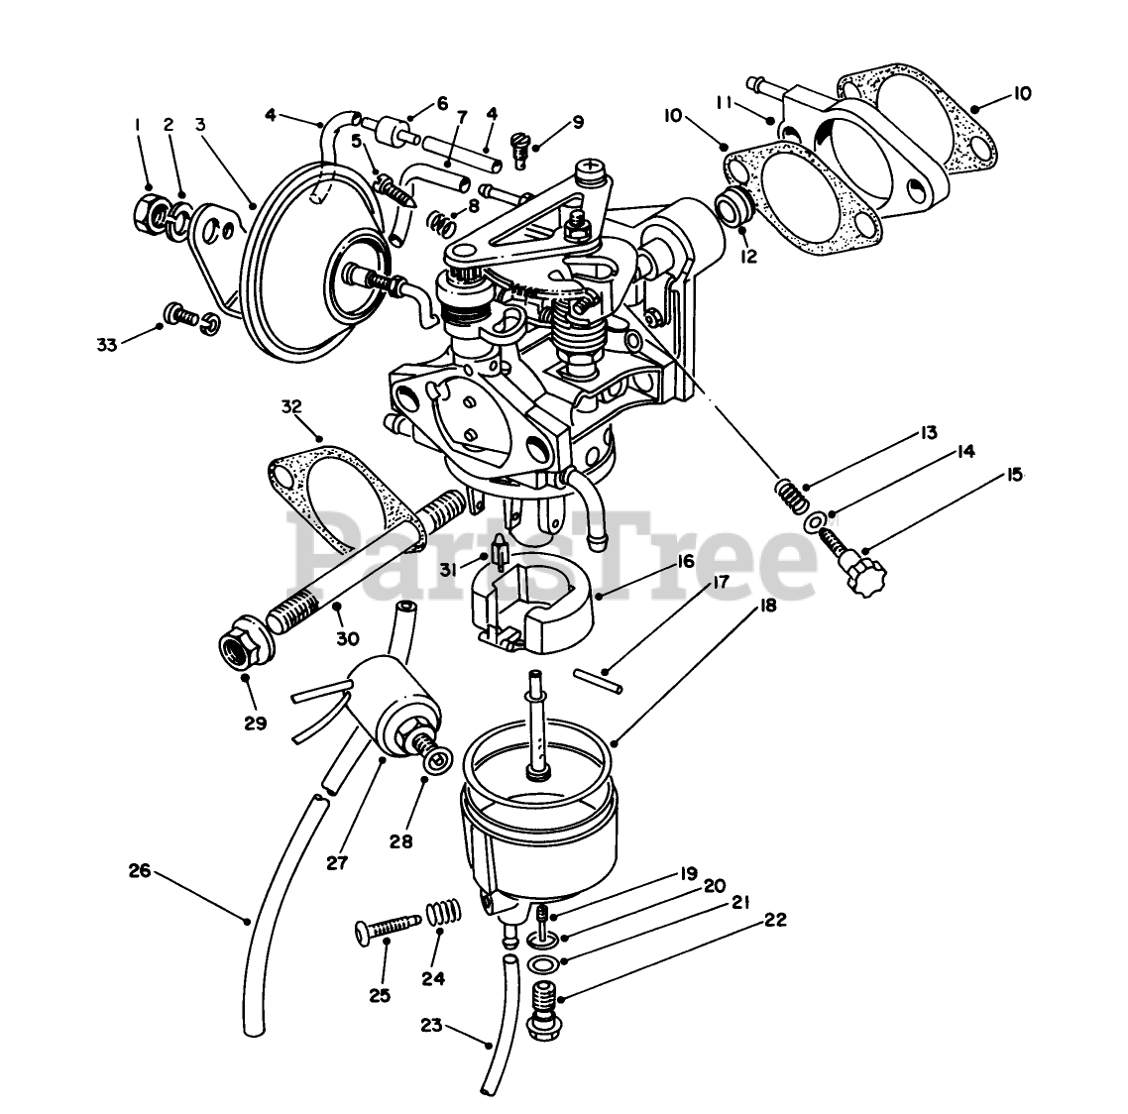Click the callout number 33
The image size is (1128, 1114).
(106, 344)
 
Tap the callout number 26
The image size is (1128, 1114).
(140, 871)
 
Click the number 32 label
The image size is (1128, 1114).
(290, 406)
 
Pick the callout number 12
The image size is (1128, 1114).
(748, 257)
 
